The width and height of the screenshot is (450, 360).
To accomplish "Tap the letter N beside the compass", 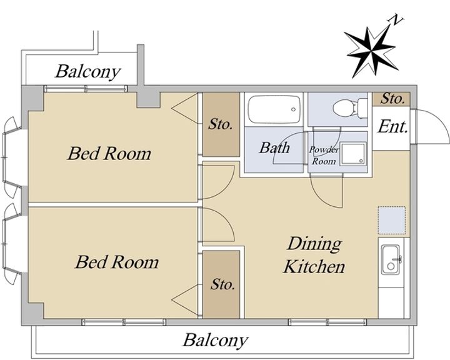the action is click(396, 20).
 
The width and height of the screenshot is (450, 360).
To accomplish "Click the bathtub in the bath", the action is click(274, 109).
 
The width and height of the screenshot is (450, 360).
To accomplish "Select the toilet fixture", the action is click(350, 109).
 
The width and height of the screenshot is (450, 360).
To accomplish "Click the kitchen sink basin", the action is click(391, 260).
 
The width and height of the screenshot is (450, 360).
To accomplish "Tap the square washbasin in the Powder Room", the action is click(353, 154).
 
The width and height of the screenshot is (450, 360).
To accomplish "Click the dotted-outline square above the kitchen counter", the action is click(392, 220).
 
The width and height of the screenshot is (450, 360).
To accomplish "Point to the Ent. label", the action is click(393, 127).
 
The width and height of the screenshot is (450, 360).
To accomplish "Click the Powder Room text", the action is click(324, 155).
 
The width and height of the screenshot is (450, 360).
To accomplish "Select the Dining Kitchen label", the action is click(314, 255).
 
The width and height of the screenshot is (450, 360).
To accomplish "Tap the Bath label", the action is click(274, 147).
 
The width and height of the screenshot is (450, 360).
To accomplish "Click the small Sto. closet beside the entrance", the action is click(391, 99).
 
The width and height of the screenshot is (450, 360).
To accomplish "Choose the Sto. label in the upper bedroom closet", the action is click(221, 124).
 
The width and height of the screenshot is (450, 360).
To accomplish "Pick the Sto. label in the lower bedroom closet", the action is click(222, 284).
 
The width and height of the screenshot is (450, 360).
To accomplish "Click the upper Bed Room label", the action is click(109, 153).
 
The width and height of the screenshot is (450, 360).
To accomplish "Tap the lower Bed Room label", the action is click(117, 262).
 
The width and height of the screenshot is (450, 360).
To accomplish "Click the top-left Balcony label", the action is click(88, 71).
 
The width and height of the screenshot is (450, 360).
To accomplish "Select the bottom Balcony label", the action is click(215, 340).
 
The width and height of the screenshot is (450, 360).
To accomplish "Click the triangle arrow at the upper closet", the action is click(185, 108).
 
